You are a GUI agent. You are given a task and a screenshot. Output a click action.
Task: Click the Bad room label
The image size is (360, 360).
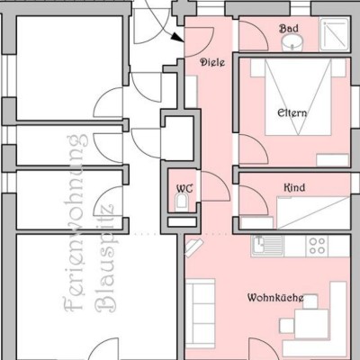coord(289,29)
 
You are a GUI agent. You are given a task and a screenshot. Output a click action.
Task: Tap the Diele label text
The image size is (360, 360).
coord(212,62)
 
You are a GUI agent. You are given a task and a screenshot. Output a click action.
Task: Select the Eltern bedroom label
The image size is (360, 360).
coord(292,113)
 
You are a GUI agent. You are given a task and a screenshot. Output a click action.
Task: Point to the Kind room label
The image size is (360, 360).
coord(294,188)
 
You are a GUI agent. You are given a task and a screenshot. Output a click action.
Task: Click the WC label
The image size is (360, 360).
coord(184,189)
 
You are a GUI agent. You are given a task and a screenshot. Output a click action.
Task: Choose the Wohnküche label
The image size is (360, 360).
coord(275,298)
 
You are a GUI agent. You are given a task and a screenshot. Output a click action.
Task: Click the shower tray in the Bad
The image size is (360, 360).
coord(335,33)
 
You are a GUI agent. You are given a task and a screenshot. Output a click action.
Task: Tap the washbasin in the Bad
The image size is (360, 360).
coord(292,44)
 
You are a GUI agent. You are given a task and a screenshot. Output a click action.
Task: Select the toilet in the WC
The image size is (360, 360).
coord(182,202)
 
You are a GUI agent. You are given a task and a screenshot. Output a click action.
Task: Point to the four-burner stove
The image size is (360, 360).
coord(317,246)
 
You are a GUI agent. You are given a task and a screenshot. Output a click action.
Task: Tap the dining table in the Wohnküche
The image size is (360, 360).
coord(311,324)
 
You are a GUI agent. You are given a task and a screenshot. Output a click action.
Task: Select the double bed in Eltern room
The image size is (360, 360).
coord(298,97)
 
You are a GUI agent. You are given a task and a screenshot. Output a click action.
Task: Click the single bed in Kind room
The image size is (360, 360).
coord(313,212)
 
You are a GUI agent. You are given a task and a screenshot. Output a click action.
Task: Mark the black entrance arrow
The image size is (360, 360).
coord(178,38)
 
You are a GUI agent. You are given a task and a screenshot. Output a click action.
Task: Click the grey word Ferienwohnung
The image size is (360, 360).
coord(74,223)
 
